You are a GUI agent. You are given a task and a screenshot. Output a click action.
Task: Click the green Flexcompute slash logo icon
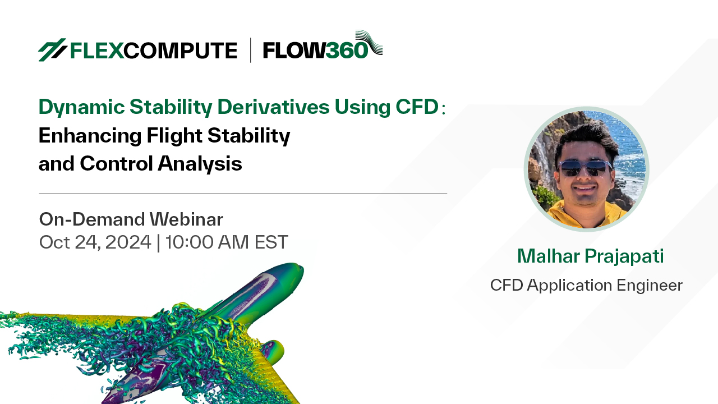tap(52, 50)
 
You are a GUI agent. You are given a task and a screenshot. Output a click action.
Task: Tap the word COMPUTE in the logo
tap(181, 50)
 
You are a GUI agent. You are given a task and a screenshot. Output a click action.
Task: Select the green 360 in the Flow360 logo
tap(347, 50)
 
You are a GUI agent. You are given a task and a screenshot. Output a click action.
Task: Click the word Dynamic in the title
tap(81, 107)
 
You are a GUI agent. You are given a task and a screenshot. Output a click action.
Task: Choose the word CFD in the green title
tap(417, 107)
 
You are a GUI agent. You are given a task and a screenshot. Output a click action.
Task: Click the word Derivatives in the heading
tap(273, 107)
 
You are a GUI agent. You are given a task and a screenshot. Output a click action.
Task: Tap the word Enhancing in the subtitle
tap(90, 136)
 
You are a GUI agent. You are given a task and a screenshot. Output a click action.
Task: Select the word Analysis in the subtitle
tap(200, 164)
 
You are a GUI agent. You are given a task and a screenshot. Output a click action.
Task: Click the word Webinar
tap(186, 219)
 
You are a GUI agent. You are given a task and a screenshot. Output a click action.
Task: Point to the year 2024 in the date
tap(128, 242)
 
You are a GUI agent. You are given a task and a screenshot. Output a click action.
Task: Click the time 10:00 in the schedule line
tap(190, 242)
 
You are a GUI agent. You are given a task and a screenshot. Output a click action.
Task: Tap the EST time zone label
tap(271, 242)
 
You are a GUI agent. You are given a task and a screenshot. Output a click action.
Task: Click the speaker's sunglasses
tap(584, 168)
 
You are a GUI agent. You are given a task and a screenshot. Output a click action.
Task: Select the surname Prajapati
tap(624, 257)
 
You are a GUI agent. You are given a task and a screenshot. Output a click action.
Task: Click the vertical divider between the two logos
tap(250, 50)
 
